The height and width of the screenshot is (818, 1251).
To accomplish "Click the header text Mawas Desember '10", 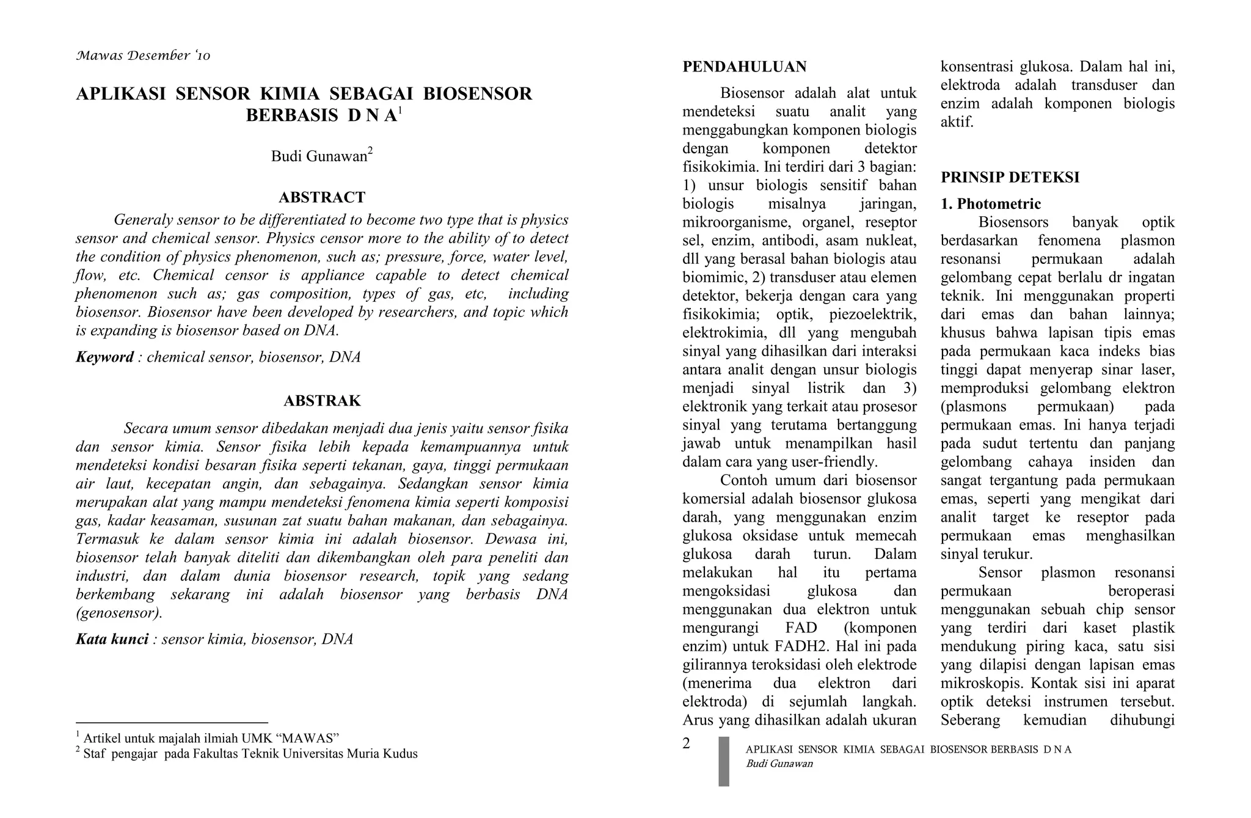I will [x=143, y=56].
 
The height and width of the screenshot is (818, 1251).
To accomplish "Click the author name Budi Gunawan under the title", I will [x=319, y=156].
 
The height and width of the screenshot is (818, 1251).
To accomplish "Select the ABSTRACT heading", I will [x=322, y=197].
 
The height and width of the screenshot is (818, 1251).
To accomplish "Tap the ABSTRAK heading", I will [x=322, y=401].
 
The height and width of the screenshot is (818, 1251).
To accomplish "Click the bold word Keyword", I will [x=104, y=357].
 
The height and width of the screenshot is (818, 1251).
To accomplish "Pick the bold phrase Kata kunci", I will [x=112, y=640].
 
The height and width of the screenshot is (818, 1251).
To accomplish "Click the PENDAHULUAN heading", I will [x=744, y=67].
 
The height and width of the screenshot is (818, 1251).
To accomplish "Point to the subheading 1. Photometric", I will [x=990, y=204].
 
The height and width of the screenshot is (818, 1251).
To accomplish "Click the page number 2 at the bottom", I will [x=686, y=743].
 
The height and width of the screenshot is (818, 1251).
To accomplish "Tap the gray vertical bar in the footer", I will [x=723, y=761].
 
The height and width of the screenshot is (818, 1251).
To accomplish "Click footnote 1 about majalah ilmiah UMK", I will [x=208, y=738].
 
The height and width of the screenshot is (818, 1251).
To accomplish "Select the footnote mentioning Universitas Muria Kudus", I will [x=247, y=754].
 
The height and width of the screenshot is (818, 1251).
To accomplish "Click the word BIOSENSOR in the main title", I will [x=477, y=94].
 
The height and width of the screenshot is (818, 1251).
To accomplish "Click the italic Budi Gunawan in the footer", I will [x=779, y=764].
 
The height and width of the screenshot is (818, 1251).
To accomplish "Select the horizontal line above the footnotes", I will [x=172, y=723].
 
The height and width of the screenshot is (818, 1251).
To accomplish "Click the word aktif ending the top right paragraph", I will [x=957, y=122].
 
